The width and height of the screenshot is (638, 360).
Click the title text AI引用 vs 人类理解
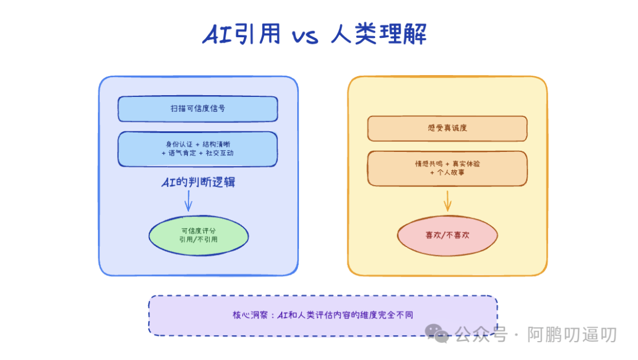tap(314, 35)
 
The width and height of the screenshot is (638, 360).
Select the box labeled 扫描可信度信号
tap(197, 109)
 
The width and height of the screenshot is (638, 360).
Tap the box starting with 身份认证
tap(197, 148)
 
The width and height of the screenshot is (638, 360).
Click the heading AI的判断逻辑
tap(198, 182)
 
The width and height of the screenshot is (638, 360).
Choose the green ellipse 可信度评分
tap(198, 235)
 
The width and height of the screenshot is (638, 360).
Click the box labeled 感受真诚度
tap(447, 128)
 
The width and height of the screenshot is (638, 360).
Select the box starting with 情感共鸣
tap(447, 168)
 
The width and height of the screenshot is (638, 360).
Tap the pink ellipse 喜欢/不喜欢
tap(447, 235)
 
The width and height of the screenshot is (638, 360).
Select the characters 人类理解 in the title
tap(378, 35)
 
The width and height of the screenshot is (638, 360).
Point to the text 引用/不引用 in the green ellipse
tap(198, 240)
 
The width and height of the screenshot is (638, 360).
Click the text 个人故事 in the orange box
tap(454, 173)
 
